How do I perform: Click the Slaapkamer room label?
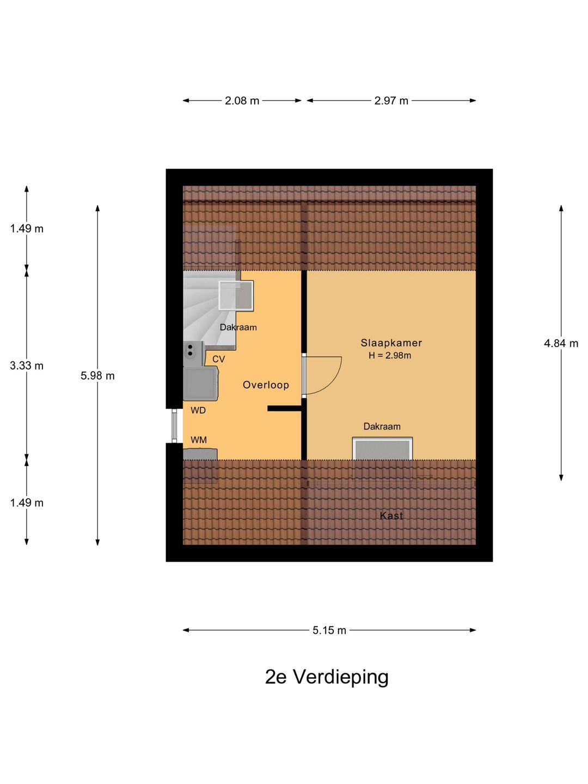point(391,343)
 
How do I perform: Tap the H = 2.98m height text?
point(390,356)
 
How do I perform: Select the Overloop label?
point(266,385)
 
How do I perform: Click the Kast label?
point(391,516)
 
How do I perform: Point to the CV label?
point(218,359)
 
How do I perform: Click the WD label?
point(198,411)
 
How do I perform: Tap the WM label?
point(199,440)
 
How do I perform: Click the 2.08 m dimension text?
point(242,101)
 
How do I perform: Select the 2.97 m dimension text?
point(391,101)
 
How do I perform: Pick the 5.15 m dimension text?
point(329,630)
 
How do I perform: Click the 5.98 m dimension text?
point(97,376)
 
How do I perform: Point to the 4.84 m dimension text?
point(561,343)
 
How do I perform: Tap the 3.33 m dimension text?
point(27,366)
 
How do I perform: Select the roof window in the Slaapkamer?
point(382,449)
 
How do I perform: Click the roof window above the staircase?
point(236,296)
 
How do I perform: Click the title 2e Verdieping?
point(327,677)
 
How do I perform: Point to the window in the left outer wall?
point(174,426)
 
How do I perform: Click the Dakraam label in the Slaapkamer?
point(382,426)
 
